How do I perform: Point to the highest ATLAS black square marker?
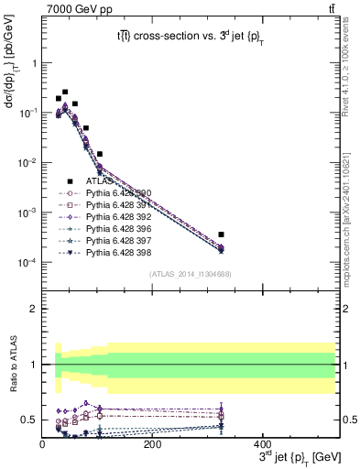click(64, 93)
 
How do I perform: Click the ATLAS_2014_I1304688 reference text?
click(189, 274)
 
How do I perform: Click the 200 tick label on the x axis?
click(152, 445)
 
